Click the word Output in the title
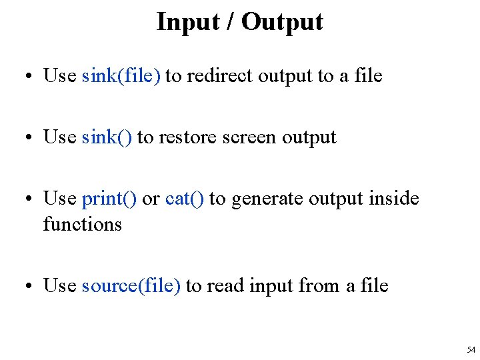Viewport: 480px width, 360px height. tap(282, 22)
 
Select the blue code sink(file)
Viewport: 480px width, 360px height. tap(121, 76)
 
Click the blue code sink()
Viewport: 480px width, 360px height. tap(107, 137)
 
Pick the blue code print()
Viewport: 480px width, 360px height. tap(109, 199)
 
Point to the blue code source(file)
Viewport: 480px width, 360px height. tap(131, 285)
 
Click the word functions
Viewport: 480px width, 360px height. tap(83, 224)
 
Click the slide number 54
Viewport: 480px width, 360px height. tap(471, 349)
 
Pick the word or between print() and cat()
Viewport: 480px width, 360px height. tap(151, 199)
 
